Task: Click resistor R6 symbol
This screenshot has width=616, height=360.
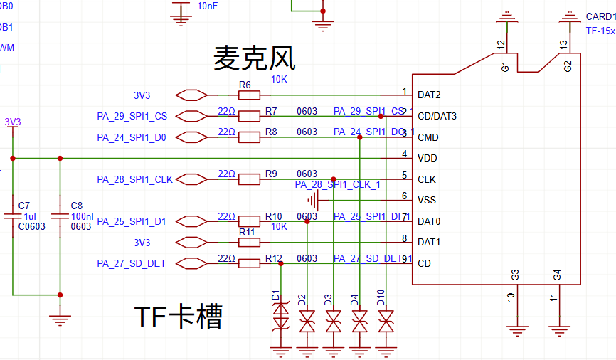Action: [x=249, y=95]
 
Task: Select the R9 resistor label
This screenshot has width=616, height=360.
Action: [x=271, y=174]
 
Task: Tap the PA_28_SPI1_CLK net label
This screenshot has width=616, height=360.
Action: [x=134, y=179]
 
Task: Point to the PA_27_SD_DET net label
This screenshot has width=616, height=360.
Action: [x=132, y=263]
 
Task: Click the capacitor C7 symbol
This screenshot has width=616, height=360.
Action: [x=12, y=216]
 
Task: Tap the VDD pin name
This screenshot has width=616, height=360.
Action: [x=428, y=158]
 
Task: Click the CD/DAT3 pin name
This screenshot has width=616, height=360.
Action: [x=437, y=116]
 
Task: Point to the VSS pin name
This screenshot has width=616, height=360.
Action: [x=428, y=200]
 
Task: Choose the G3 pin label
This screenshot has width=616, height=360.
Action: [x=516, y=274]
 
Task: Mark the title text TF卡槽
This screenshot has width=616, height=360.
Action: [x=179, y=316]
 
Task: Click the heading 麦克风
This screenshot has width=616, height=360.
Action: [x=254, y=58]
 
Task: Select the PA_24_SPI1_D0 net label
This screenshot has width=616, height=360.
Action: [x=132, y=137]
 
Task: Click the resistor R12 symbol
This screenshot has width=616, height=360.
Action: [x=249, y=263]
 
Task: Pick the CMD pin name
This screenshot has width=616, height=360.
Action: [x=428, y=137]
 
